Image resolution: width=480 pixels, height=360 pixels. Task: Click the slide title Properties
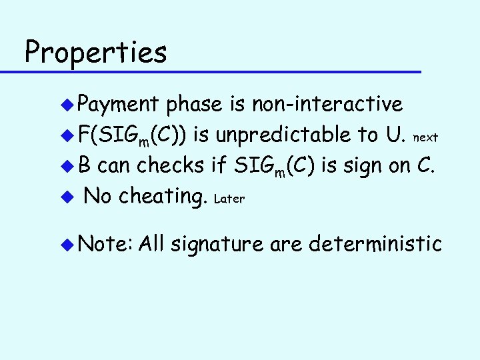pyautogui.click(x=95, y=52)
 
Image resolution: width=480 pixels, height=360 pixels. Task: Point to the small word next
pyautogui.click(x=425, y=137)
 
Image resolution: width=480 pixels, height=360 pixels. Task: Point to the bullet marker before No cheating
pyautogui.click(x=67, y=197)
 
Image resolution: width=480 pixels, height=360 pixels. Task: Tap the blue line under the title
pyautogui.click(x=220, y=71)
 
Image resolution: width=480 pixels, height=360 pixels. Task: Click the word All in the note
pyautogui.click(x=153, y=244)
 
